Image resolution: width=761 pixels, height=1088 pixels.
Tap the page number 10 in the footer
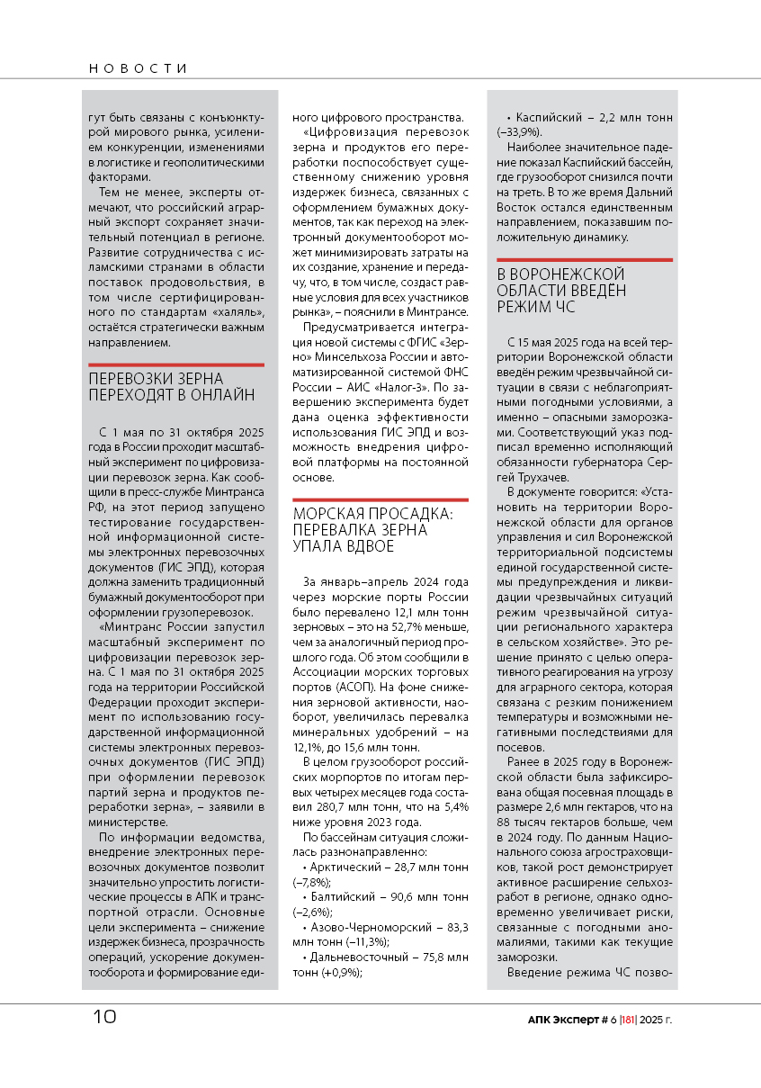tap(104, 1016)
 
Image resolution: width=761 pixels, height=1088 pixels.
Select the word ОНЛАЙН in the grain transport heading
tap(221, 395)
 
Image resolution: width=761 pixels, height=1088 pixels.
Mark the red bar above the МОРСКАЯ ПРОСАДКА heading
tap(380, 499)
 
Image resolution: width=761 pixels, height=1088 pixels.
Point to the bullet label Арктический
tap(354, 868)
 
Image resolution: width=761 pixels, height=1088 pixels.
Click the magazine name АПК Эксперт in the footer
tap(566, 1019)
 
